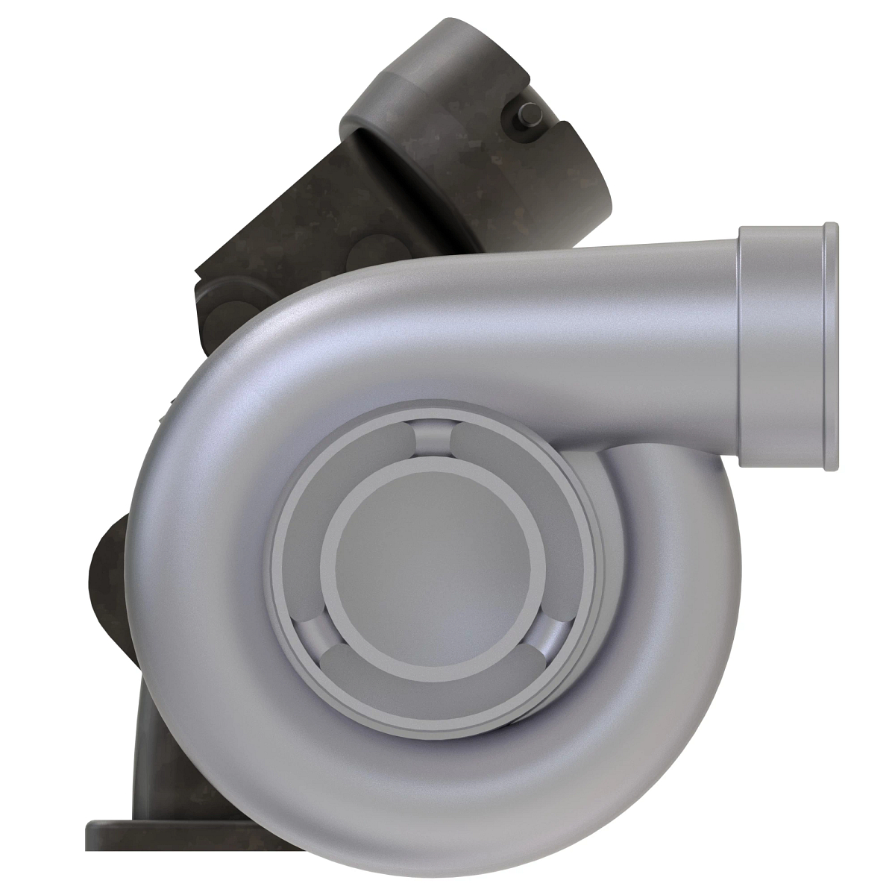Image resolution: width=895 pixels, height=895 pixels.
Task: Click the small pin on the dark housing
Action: [x=531, y=113]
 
